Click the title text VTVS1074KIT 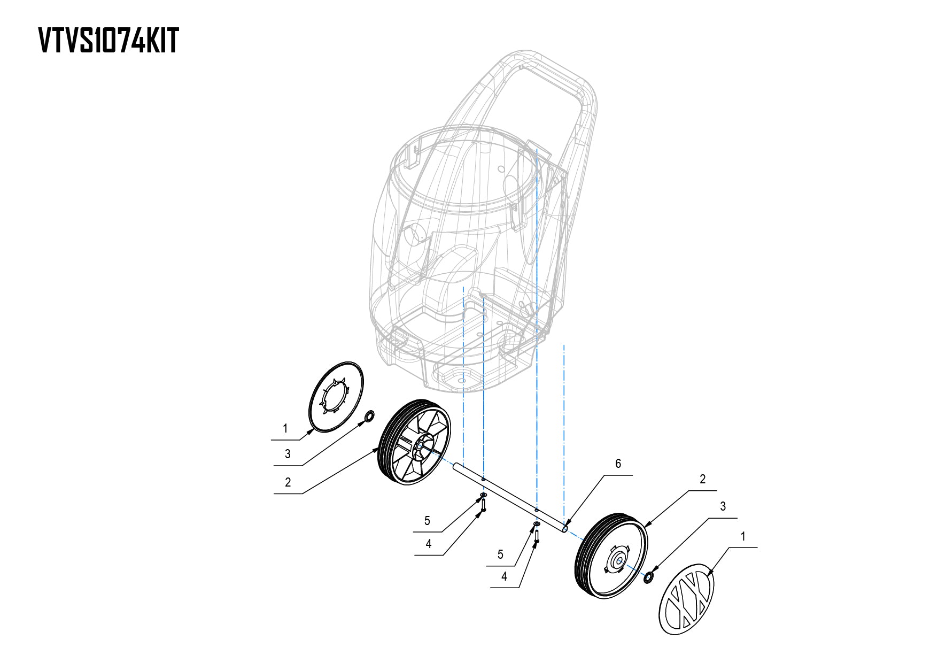pos(108,41)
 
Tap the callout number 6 pos(618,464)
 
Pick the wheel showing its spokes pos(414,449)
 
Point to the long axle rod pos(510,498)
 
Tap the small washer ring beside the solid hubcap pos(369,417)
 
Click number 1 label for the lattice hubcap pos(743,536)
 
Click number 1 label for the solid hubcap pos(285,428)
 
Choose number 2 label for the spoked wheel pos(288,482)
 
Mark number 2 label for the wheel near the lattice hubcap pos(702,479)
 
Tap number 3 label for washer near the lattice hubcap pos(723,506)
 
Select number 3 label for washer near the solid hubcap pos(288,454)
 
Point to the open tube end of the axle pos(565,529)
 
